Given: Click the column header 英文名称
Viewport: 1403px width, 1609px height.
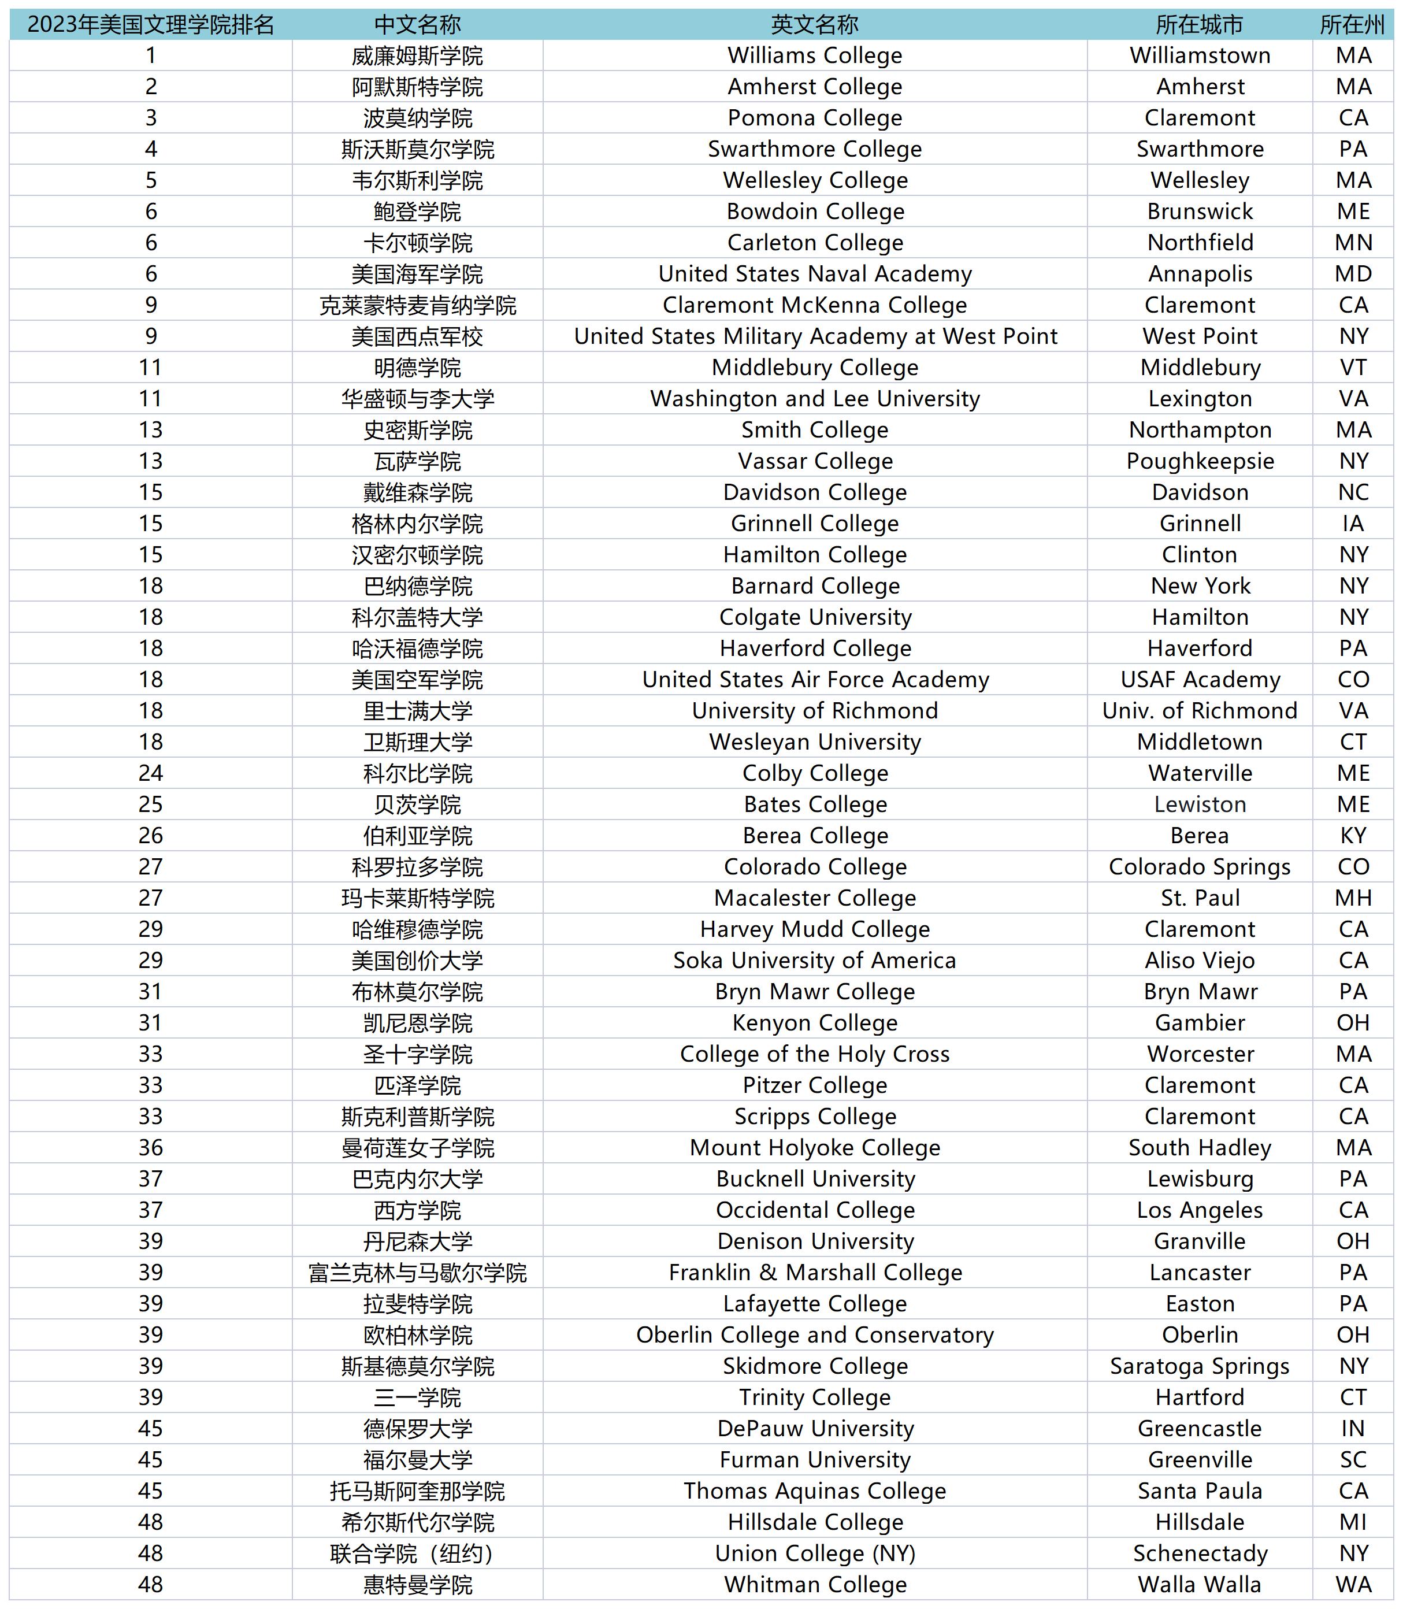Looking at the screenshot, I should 814,24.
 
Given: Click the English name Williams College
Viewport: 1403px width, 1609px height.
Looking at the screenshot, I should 814,55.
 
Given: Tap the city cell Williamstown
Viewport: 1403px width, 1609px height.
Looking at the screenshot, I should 1200,55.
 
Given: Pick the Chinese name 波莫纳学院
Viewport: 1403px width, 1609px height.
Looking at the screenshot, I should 417,118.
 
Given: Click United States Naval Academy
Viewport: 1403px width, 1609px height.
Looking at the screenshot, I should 814,274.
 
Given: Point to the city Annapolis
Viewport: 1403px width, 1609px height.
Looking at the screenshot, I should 1200,274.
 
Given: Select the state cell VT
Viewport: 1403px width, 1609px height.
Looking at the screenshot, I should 1353,367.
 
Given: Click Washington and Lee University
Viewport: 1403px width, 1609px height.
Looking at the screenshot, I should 814,399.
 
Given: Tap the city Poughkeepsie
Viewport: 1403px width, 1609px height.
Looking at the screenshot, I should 1200,461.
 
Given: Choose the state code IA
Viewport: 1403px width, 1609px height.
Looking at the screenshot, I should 1353,523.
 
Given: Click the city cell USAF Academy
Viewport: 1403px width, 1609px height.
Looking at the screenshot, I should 1200,680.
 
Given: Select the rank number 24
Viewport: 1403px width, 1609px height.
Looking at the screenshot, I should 150,773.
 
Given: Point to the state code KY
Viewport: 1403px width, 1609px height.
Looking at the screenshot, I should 1353,836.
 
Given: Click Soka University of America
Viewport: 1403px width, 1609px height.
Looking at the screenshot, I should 814,960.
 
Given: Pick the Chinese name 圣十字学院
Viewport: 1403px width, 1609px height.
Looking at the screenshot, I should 417,1054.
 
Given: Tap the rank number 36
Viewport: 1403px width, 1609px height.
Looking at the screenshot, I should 150,1148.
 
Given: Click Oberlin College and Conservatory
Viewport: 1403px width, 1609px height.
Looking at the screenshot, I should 814,1335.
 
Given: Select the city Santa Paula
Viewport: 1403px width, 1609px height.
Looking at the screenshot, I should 1200,1491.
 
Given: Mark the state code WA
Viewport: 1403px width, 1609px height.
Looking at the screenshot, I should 1353,1585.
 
